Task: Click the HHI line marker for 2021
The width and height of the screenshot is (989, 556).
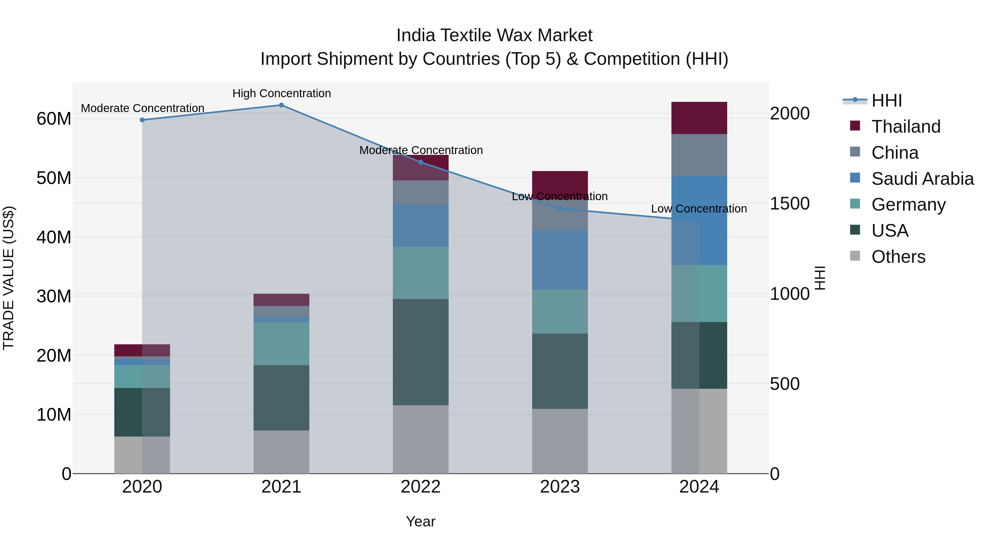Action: [x=281, y=105]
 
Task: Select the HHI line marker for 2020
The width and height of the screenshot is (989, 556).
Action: [x=142, y=120]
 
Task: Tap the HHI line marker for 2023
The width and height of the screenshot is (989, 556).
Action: [x=560, y=209]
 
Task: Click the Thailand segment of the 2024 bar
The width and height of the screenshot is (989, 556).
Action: [x=699, y=118]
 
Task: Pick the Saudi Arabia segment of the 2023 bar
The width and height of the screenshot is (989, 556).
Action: [x=560, y=260]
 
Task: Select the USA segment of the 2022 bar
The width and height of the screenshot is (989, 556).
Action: [x=420, y=352]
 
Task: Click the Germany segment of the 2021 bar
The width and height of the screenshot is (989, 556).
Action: [x=281, y=343]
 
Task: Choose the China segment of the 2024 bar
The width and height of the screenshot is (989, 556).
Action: [x=699, y=155]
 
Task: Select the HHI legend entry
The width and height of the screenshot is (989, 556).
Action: [x=886, y=100]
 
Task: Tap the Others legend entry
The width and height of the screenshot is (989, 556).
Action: [x=898, y=257]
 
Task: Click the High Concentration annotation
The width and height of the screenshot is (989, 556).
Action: [x=281, y=94]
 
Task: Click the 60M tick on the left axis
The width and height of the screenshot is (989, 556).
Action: [x=54, y=119]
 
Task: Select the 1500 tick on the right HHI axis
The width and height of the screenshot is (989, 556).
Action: [x=789, y=203]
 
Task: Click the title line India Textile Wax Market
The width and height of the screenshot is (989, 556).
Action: [x=494, y=35]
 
